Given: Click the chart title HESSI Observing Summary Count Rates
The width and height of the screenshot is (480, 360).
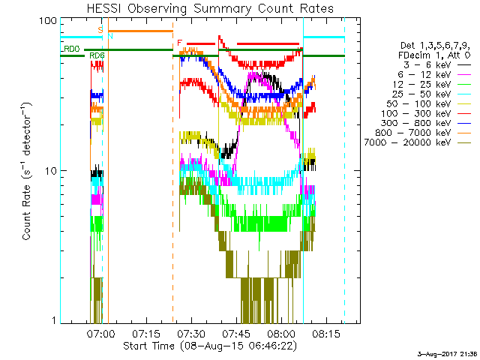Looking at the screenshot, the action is coord(210,8).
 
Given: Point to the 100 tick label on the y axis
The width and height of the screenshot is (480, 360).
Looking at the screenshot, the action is coord(48,21).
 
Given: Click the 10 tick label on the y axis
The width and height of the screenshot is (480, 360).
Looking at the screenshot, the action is coord(51,170).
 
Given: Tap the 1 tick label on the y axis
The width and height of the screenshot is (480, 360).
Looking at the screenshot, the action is coord(54,320).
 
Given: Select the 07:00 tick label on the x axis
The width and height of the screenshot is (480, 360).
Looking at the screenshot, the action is coord(101,333).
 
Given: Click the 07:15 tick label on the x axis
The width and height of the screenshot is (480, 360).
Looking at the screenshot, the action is coord(146,333).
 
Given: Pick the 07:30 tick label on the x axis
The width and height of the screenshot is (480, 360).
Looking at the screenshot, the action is coord(191,333).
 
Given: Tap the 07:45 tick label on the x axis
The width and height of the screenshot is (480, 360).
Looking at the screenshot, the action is coord(236,333).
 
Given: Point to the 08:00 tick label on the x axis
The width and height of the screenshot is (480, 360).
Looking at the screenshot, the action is coord(281,333).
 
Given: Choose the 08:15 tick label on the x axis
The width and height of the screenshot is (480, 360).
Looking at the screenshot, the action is coord(326,333).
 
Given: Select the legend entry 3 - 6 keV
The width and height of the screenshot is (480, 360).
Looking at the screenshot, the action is coord(427,65).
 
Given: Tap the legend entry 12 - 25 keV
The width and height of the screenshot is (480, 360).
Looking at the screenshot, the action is coord(421,84).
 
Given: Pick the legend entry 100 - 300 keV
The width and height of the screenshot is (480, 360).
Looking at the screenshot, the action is coord(416,113).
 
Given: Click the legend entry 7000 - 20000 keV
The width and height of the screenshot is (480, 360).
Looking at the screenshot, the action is coord(407,142).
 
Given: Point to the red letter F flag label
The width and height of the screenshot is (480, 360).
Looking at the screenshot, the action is coord(180,43).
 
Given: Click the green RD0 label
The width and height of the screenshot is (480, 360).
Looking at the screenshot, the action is coord(71,49).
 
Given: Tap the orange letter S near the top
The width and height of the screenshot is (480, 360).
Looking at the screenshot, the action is coord(100,30).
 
